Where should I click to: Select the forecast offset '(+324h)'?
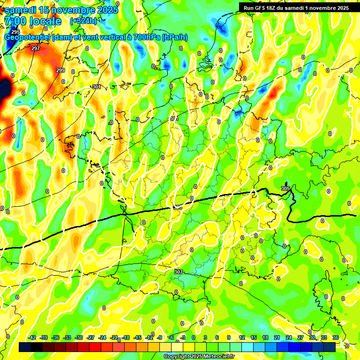coord(83,21)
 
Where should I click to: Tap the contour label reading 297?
coord(36,48)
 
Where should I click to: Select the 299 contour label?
coord(60,70)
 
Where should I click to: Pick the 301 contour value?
coord(97,87)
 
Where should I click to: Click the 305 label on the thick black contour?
coord(285,188)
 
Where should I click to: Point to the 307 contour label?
coord(178,272)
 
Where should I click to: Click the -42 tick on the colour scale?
coord(32,337)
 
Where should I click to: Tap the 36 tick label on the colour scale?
coord(336,337)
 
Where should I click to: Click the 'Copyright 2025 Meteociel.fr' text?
coord(199,356)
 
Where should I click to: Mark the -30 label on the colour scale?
coord(79,337)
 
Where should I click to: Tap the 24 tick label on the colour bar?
coord(289,337)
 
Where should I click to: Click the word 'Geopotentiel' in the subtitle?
coord(28,37)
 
